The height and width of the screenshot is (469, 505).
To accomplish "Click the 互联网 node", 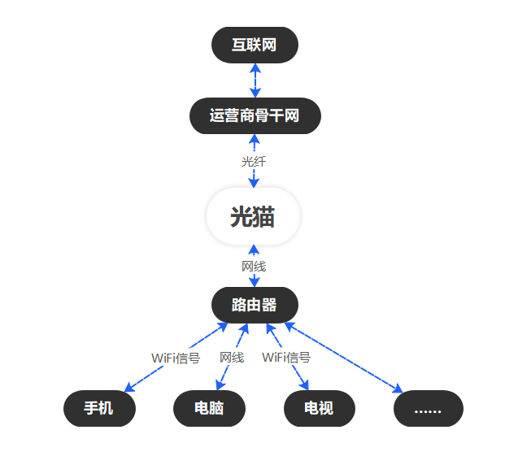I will (255, 45).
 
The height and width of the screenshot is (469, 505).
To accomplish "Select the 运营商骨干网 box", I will (255, 115).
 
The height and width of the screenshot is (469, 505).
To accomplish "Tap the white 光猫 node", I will (254, 217).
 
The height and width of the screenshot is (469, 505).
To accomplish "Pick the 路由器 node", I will (255, 306).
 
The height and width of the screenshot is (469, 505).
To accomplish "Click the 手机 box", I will (99, 409).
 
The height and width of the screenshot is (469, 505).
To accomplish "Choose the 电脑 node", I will (209, 409).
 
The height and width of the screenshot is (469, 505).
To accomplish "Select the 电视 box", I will (319, 409).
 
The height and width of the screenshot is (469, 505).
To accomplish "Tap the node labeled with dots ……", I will (428, 409).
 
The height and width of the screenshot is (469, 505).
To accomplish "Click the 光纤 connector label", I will (254, 162).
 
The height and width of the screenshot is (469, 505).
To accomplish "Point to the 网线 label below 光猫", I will (254, 266).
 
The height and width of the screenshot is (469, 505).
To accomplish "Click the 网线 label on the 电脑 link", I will (232, 357).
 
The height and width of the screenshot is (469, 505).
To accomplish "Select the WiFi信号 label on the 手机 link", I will (176, 358).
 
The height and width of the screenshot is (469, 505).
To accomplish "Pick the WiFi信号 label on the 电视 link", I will (286, 357).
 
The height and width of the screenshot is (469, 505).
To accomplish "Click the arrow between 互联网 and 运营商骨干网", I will (255, 80).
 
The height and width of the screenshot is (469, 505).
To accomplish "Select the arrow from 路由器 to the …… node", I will (346, 358).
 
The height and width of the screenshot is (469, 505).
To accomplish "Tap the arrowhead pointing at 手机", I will (127, 389).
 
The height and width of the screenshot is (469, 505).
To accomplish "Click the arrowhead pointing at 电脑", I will (218, 387).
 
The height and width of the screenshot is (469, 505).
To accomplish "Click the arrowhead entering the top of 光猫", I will (254, 184).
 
